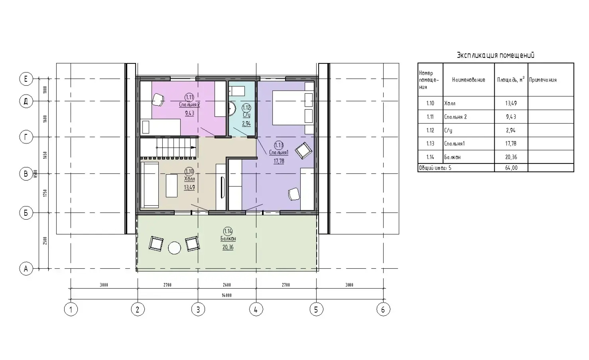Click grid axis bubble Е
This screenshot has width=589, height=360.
coord(26,79)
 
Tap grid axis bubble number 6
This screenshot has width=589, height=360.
coord(383,309)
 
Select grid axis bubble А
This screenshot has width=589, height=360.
coord(26,269)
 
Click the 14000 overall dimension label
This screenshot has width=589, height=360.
coord(226,295)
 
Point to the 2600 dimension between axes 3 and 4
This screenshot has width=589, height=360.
coord(227,285)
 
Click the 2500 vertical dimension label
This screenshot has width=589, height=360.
coord(45,240)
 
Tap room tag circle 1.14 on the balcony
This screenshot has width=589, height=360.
coord(228,231)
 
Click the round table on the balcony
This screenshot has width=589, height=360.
coord(174,248)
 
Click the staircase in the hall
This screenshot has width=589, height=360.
coord(168,148)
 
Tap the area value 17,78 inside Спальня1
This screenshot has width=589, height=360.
coord(279,161)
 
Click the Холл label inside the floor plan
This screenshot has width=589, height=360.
coord(189,179)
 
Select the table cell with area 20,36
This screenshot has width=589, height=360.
coord(511,157)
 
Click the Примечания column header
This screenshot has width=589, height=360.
coord(543,80)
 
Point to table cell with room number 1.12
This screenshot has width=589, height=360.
coord(430,130)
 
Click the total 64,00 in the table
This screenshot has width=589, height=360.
coord(511,168)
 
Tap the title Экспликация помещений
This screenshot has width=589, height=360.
coord(496,55)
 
